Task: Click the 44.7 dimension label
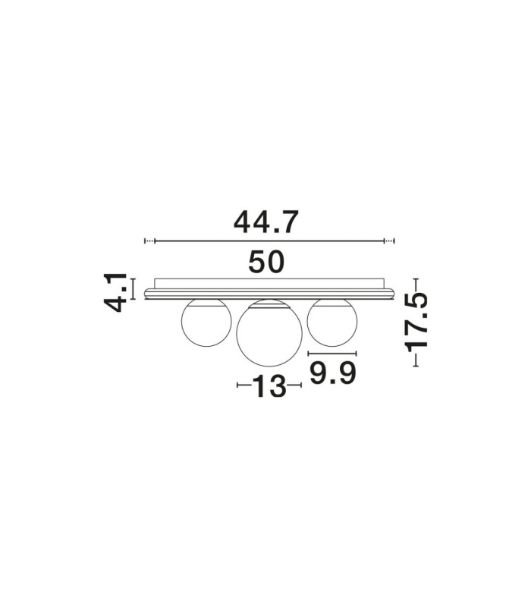(266, 222)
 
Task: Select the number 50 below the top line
(266, 262)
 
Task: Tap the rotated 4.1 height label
(115, 292)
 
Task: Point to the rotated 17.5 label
(416, 322)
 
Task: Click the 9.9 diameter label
(332, 373)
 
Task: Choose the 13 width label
(269, 386)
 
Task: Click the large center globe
(269, 333)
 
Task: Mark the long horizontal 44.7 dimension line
(269, 241)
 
